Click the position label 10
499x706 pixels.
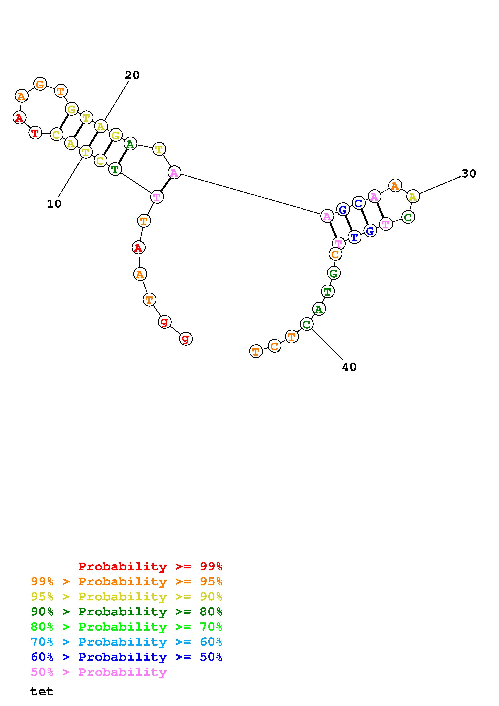pyautogui.click(x=54, y=204)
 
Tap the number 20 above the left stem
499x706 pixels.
pyautogui.click(x=132, y=75)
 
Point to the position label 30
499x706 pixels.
pyautogui.click(x=469, y=174)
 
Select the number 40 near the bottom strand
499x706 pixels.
pyautogui.click(x=349, y=367)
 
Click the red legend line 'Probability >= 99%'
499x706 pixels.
pyautogui.click(x=150, y=566)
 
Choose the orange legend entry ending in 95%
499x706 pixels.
pyautogui.click(x=127, y=581)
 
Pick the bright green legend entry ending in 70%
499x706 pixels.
pyautogui.click(x=127, y=627)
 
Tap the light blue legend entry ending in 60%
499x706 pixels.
pyautogui.click(x=127, y=642)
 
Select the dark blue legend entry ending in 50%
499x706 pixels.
pyautogui.click(x=127, y=657)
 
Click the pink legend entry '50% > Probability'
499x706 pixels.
pyautogui.click(x=99, y=672)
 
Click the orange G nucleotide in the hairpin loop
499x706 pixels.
pyautogui.click(x=40, y=84)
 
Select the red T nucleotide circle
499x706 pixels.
pyautogui.click(x=35, y=133)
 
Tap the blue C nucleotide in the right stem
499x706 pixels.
pyautogui.click(x=358, y=203)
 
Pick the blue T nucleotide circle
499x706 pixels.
pyautogui.click(x=354, y=237)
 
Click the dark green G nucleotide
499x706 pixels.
pyautogui.click(x=334, y=273)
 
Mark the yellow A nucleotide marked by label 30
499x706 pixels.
pyautogui.click(x=413, y=196)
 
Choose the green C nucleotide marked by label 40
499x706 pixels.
pyautogui.click(x=306, y=324)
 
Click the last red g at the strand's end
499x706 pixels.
pyautogui.click(x=186, y=339)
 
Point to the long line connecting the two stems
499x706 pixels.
pyautogui.click(x=251, y=194)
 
